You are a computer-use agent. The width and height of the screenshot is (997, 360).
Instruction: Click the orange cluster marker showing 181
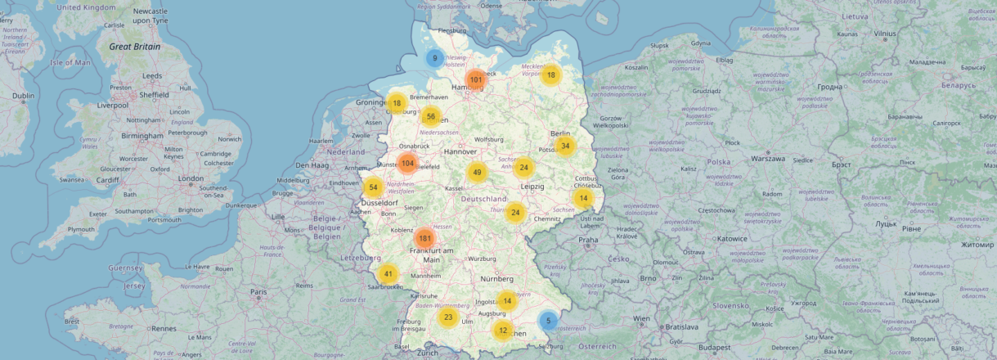[x=424, y=239]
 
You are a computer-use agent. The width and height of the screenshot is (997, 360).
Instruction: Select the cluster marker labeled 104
[x=407, y=164]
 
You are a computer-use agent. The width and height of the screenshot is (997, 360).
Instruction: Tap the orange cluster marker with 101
[x=476, y=79]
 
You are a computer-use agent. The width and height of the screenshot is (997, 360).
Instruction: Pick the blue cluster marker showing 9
[x=435, y=59]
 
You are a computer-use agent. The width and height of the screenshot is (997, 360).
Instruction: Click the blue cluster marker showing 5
[x=549, y=322]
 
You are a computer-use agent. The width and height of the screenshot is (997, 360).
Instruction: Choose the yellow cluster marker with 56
[x=431, y=116]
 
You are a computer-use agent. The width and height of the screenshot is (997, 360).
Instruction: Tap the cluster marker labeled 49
[x=478, y=173]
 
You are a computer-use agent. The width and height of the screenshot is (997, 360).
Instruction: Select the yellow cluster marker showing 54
[x=373, y=187]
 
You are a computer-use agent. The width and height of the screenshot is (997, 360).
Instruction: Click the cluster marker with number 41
[x=388, y=274]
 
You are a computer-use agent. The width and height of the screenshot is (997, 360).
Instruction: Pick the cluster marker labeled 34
[x=565, y=146]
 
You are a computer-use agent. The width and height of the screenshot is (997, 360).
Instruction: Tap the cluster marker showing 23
[x=447, y=317]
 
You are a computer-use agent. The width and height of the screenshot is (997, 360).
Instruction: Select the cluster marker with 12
[x=502, y=331]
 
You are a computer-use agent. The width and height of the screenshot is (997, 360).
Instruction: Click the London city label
[x=191, y=178]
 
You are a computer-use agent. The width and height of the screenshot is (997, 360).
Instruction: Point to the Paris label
[x=259, y=292]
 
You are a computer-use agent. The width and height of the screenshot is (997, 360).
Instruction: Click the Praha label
[x=588, y=241]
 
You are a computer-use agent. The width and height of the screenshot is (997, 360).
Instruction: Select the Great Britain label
[x=135, y=47]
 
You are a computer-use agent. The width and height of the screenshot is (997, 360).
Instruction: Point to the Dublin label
[x=24, y=96]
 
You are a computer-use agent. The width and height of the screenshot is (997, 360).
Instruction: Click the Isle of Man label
[x=70, y=62]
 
